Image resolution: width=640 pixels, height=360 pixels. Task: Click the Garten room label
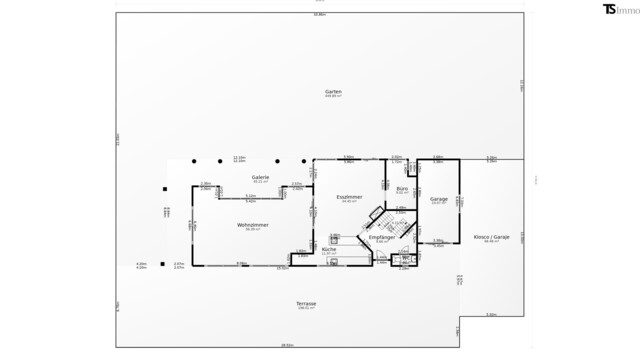[333, 91]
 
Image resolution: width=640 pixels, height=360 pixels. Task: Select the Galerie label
[261, 177]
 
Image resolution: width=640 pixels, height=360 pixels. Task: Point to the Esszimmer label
[349, 197]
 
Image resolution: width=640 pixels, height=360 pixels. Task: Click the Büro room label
[401, 188]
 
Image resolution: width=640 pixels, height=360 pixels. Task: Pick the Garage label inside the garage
[438, 199]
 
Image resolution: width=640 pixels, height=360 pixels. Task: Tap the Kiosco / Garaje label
[491, 237]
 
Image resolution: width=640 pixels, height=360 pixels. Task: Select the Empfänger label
[381, 237]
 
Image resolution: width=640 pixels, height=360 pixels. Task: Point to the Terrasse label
[306, 303]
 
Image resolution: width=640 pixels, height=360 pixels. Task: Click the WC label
[406, 259]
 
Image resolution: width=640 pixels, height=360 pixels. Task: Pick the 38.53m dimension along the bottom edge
[287, 345]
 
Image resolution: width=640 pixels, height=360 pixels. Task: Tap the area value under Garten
[333, 96]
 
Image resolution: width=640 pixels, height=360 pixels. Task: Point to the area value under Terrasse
[306, 308]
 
